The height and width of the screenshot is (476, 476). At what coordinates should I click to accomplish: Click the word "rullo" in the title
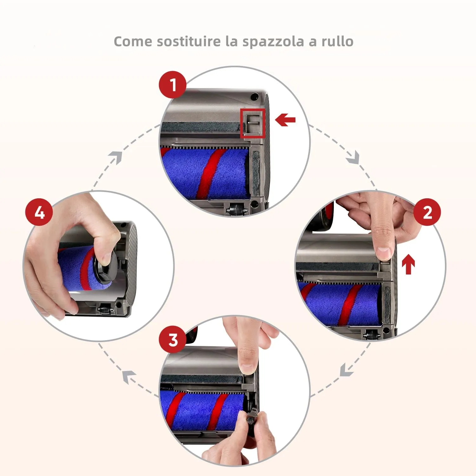[337, 42]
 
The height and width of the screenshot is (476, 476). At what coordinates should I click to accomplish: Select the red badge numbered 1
[172, 85]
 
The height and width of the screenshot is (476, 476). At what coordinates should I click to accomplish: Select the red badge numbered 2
[427, 212]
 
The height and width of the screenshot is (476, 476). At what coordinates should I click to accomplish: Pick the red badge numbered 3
[172, 340]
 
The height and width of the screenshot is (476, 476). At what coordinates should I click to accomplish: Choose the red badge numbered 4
[39, 212]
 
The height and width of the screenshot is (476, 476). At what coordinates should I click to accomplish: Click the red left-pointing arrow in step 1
[285, 120]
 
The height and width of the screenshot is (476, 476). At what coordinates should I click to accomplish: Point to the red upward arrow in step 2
[408, 265]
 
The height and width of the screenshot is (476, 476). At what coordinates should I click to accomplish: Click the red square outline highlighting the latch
[253, 123]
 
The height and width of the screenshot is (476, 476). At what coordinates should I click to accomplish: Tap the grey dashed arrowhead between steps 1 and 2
[353, 158]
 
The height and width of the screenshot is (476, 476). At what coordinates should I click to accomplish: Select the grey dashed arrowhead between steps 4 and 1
[116, 157]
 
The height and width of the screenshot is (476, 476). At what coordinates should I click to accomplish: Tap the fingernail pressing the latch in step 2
[384, 253]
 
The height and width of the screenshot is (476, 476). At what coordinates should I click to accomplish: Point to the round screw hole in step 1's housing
[254, 96]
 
